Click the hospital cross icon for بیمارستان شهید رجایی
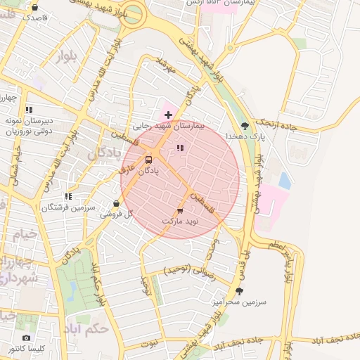click(x=167, y=114)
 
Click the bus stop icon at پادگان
click(x=148, y=160)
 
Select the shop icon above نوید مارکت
click(x=180, y=210)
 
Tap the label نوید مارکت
click(x=181, y=221)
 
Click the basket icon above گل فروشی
click(x=117, y=204)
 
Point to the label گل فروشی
click(x=117, y=214)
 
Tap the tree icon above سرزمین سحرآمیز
click(x=239, y=291)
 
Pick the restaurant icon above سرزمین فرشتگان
click(x=68, y=197)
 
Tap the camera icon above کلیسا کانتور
click(x=27, y=338)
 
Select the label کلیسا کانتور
click(x=27, y=349)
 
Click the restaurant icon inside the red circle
click(x=180, y=148)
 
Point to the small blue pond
click(x=285, y=181)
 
